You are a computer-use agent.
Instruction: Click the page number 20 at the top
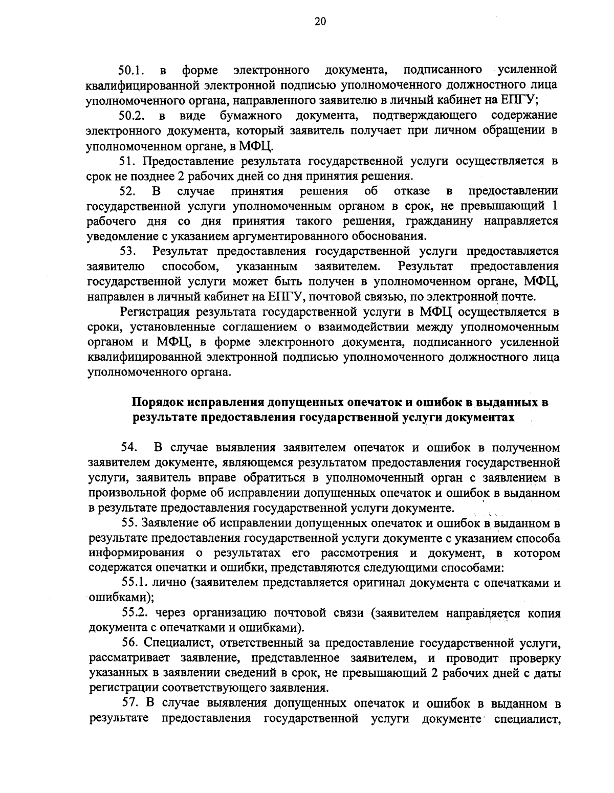pos(306,21)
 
